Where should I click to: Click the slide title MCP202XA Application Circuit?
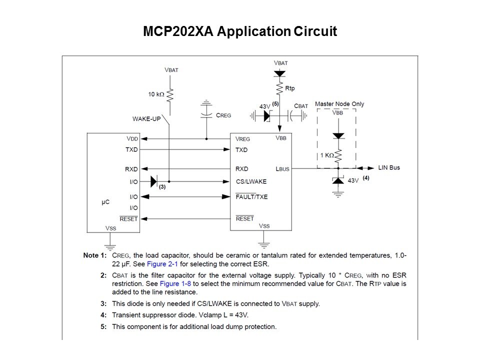coord(240,32)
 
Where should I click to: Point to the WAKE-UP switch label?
coord(146,119)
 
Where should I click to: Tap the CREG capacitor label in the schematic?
coord(223,115)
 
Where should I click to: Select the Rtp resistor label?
coord(290,88)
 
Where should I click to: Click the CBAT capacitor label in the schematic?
coord(301,106)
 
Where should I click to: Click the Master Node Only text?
coord(339,104)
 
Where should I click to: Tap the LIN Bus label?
coord(389,167)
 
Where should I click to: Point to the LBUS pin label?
coord(282,169)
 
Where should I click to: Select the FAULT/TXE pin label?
coord(251,196)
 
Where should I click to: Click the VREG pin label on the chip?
coord(243,138)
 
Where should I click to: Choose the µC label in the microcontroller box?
coord(106,202)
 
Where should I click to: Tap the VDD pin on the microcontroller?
coord(132,138)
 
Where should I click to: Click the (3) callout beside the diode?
coord(162,187)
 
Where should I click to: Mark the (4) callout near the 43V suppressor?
coord(366,177)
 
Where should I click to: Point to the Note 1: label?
coord(95,255)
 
